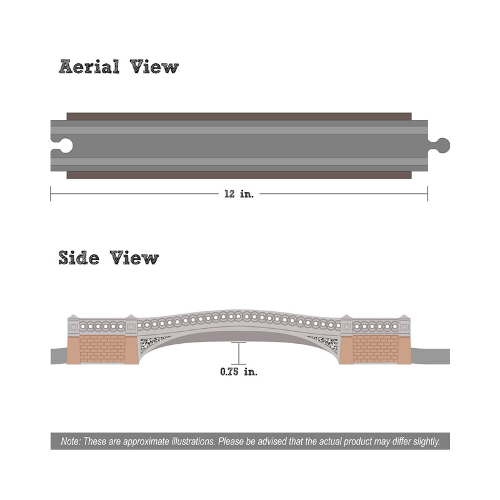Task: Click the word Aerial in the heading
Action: (89, 67)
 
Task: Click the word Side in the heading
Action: (79, 257)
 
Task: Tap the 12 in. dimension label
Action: (239, 194)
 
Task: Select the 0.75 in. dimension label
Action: (239, 372)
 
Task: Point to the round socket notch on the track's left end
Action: (62, 146)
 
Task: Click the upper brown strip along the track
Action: (239, 116)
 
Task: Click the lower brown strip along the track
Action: (239, 175)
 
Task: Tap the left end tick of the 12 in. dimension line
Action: (51, 194)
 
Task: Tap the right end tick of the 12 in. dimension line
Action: (427, 194)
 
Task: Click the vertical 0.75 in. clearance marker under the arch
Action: (239, 353)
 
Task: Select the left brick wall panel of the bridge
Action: (102, 349)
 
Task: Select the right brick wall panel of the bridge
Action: (376, 349)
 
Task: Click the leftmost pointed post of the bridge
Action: (74, 324)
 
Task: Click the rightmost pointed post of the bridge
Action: (404, 324)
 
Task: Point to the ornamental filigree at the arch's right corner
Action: (325, 342)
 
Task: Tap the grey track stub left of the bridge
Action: (59, 356)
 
